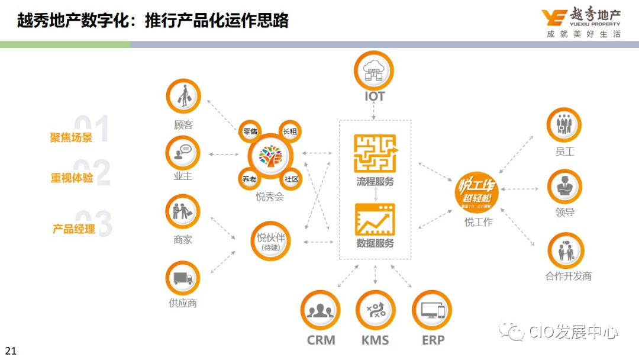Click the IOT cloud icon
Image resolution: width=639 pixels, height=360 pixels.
pos(373,70)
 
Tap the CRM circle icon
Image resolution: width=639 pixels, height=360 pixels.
pos(320,310)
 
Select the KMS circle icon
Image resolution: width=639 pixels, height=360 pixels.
pos(375,310)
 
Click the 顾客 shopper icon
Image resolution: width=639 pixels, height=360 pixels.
pos(183,97)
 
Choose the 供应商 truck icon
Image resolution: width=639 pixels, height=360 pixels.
pos(183,278)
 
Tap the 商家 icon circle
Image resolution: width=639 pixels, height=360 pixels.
pos(183,211)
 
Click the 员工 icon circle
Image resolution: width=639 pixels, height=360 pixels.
pos(564,125)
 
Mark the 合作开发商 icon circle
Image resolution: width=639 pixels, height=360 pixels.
pos(566,250)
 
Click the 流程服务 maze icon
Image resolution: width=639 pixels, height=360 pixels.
pos(375,153)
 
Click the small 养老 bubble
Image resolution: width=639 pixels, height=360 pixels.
pos(249,178)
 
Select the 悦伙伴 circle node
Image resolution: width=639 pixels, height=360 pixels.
pos(271,242)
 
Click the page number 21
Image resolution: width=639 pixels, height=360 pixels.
pos(11,351)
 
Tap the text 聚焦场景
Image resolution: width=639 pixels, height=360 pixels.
pos(71,137)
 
